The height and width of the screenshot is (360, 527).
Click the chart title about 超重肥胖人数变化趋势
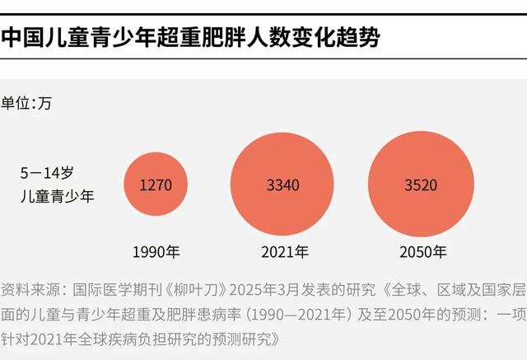[190, 37]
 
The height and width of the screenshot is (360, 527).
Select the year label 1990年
[156, 252]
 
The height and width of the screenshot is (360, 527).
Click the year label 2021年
[285, 252]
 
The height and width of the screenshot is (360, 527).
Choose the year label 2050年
[422, 252]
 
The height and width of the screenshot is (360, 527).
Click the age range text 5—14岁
[48, 173]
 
